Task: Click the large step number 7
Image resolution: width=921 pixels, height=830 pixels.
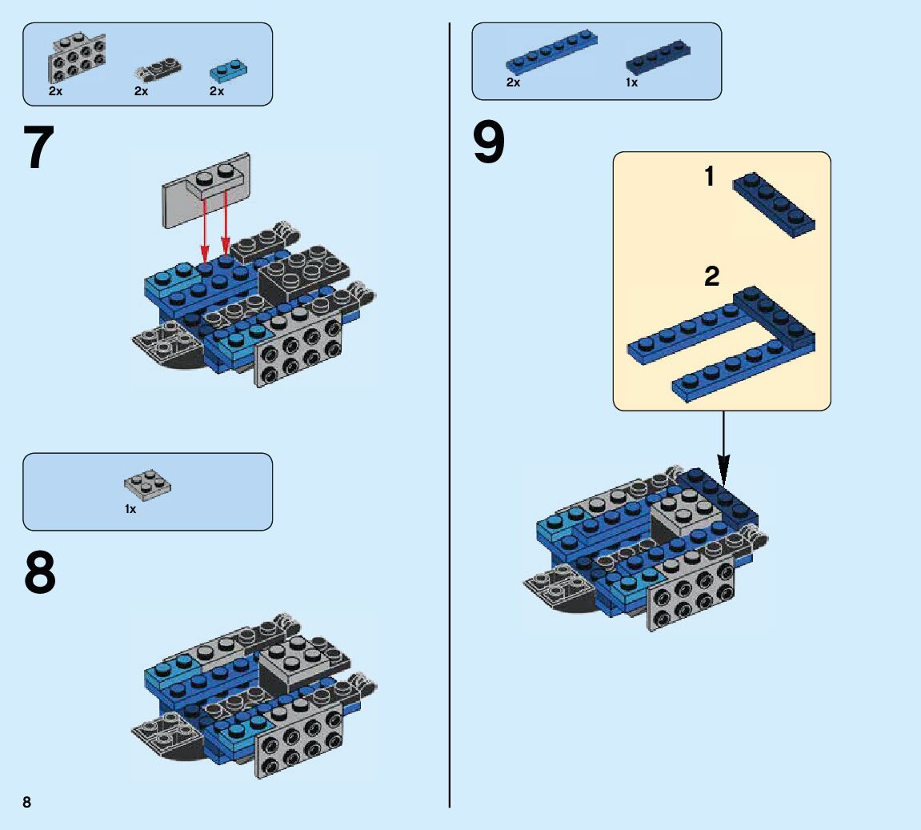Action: pos(39,149)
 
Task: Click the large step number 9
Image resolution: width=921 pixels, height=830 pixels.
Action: pos(489,143)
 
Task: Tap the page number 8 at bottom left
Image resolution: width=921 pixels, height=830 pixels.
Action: pos(27,802)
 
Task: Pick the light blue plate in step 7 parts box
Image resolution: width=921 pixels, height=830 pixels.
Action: pos(228,70)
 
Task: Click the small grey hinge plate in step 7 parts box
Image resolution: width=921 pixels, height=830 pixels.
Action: pos(157,70)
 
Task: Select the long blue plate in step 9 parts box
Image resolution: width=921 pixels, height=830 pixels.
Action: pos(551,52)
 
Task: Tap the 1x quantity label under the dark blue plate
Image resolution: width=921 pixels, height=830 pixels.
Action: pos(632,82)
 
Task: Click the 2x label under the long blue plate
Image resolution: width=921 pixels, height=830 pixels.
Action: pos(513,82)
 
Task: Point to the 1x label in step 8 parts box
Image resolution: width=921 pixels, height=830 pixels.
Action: pos(130,509)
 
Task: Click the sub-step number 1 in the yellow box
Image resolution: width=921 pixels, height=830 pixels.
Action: pos(709,177)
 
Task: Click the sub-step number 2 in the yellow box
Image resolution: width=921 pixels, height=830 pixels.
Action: pos(711,277)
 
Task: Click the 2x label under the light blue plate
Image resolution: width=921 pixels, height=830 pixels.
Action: pos(217,91)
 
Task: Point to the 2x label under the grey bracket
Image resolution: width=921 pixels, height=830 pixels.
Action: pos(55,91)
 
